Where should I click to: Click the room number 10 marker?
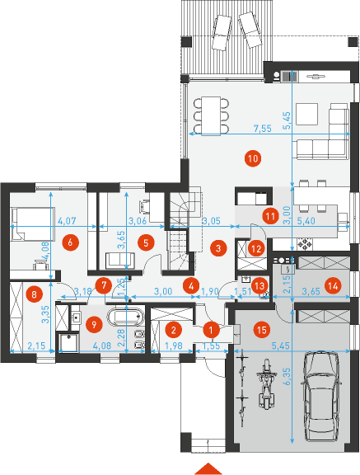coord(253,158)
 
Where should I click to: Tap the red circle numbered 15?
coord(262,330)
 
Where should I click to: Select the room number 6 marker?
coord(70,242)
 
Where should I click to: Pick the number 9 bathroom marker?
coord(94,324)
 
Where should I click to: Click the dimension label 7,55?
coord(262,128)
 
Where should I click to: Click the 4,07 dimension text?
coord(67,221)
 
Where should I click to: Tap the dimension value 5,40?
coord(306,221)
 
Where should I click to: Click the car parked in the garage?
coord(322,397)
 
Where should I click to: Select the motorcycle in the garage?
coord(266,383)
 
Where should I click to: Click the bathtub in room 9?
coord(125,317)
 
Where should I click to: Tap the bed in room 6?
coord(33,223)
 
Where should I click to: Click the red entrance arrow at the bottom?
coord(208,469)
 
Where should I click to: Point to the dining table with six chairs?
coord(211,115)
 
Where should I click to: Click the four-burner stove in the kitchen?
coord(305,244)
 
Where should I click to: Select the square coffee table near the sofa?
coord(306,114)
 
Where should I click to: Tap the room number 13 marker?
coord(259,285)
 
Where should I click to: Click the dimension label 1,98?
coord(172,346)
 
